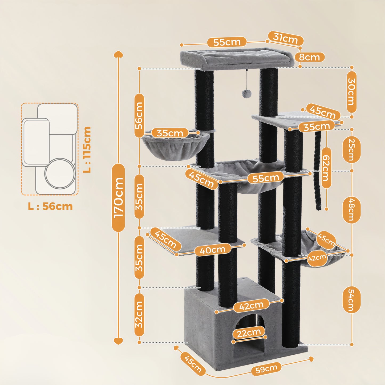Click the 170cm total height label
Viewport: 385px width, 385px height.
[x=118, y=197]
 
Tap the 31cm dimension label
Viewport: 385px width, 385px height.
[x=285, y=38]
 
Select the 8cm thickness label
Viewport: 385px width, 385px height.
[x=309, y=57]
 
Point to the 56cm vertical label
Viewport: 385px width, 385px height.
[x=139, y=116]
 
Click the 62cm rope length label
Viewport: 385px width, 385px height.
[x=326, y=168]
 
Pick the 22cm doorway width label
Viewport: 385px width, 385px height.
[x=249, y=333]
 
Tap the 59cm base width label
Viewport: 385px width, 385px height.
[x=266, y=369]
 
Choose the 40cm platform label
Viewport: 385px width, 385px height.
[x=213, y=250]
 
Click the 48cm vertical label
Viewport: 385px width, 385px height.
[x=351, y=210]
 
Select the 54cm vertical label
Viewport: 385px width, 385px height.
[x=351, y=299]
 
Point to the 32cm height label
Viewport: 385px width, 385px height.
[x=139, y=315]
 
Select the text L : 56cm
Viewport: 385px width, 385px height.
[x=50, y=206]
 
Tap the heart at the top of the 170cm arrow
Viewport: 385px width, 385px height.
[x=118, y=54]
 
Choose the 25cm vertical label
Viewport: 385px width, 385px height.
[x=351, y=150]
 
